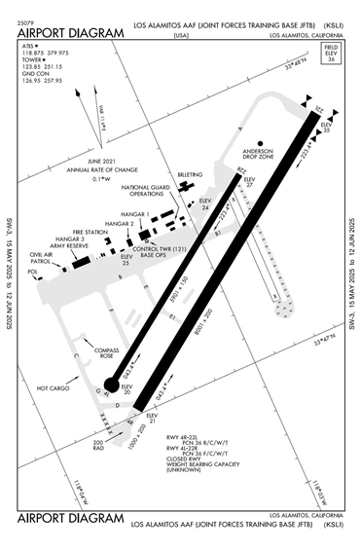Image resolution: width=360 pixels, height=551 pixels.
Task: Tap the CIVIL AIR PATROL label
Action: pos(42,257)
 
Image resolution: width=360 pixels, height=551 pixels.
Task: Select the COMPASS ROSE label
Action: pos(104,353)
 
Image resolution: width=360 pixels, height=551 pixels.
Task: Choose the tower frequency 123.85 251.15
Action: pos(43,65)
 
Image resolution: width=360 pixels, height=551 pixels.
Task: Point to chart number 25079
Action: pos(25,19)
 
